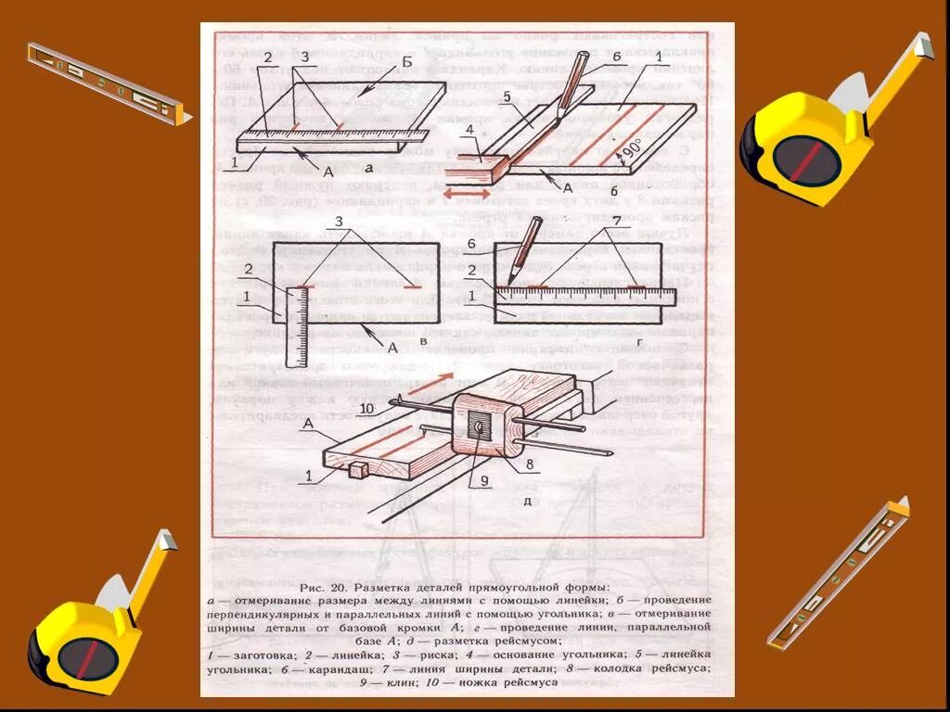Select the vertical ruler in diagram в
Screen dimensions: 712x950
pos(296,326)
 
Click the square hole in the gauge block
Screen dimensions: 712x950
pos(478,427)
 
